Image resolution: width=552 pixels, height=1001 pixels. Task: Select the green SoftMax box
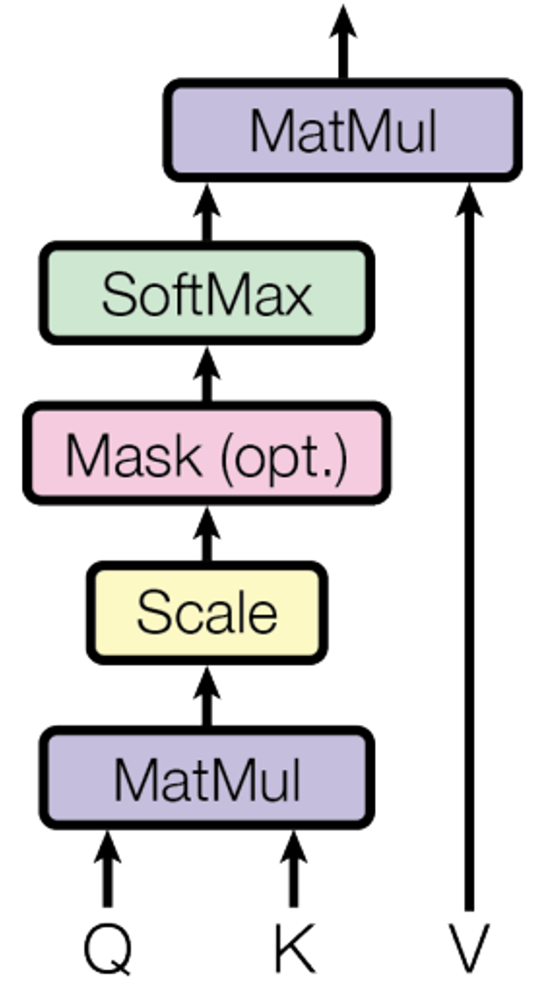point(207,293)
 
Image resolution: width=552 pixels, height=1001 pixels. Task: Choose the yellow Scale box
point(207,613)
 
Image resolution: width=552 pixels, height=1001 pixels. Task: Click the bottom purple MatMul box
point(207,777)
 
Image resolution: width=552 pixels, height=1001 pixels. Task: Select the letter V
point(469,948)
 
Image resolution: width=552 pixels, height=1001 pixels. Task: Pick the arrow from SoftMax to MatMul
point(207,214)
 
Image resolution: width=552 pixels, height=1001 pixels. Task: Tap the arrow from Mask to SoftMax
point(207,375)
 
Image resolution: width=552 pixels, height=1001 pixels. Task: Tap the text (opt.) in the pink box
point(284,459)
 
